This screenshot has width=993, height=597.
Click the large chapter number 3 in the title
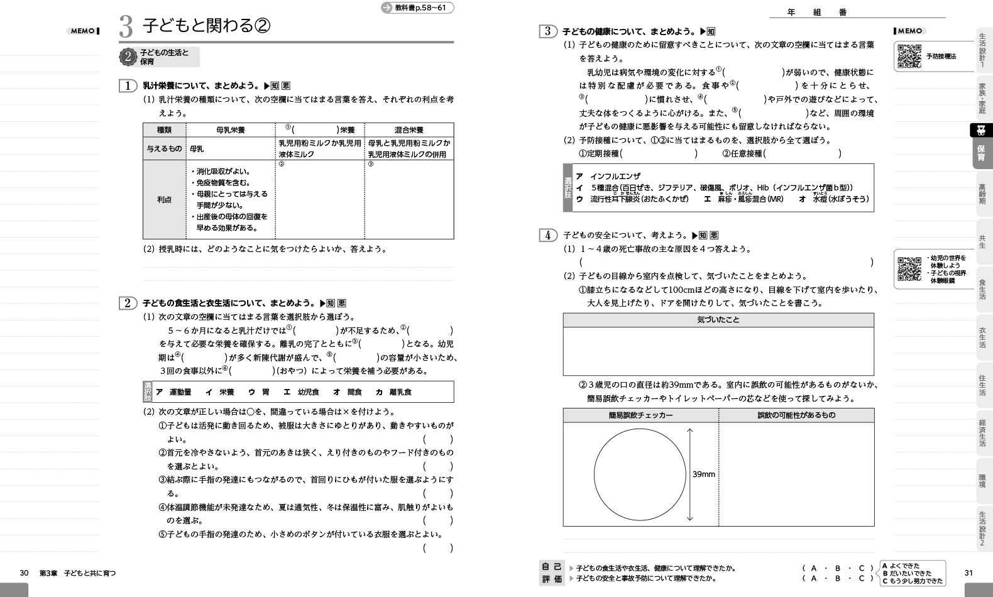126,26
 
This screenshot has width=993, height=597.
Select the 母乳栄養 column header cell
230,130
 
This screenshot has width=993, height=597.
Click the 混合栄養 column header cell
409,130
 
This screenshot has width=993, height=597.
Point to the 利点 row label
164,199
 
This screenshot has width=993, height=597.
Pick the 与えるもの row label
164,149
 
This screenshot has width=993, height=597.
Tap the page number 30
25,572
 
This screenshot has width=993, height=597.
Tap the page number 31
968,572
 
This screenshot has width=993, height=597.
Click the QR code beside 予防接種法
909,57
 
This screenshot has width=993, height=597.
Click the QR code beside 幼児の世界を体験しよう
909,269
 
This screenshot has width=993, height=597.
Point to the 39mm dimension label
703,474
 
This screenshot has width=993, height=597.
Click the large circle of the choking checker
640,474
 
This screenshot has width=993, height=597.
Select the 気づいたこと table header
718,320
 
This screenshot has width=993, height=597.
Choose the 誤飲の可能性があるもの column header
796,415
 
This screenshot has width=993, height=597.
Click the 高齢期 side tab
982,194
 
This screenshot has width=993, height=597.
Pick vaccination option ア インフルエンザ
608,176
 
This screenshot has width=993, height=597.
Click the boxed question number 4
548,235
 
